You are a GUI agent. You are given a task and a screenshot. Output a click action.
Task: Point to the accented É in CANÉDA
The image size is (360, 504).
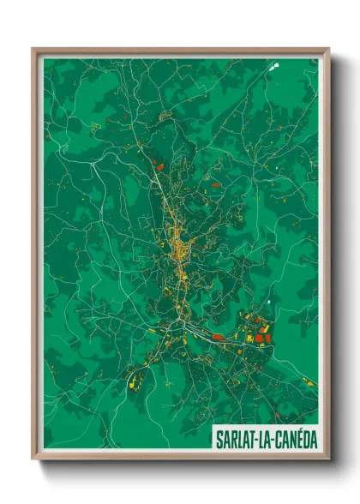(297, 438)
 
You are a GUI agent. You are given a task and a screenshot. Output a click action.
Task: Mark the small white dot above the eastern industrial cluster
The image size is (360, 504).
(269, 302)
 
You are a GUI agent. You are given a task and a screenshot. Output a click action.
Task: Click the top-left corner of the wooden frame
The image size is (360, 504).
(33, 50)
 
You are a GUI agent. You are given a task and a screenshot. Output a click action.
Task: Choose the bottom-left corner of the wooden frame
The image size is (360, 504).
(33, 459)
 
